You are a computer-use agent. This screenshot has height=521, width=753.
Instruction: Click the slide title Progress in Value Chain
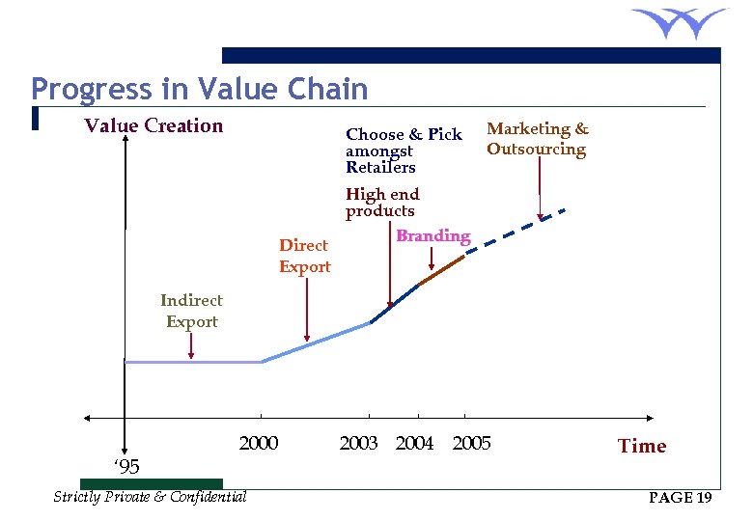(199, 90)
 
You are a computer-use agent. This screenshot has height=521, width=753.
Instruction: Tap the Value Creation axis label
(153, 125)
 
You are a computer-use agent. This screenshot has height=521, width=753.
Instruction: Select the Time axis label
(642, 446)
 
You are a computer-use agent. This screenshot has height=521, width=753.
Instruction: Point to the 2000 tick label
(258, 444)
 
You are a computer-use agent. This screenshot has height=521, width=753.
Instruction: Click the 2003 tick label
(358, 444)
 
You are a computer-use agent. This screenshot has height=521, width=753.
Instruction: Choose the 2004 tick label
(415, 444)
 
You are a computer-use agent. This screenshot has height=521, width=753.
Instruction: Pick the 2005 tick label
(472, 444)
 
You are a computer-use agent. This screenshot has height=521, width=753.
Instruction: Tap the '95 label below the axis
(126, 468)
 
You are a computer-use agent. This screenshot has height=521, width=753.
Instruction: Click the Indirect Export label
(191, 311)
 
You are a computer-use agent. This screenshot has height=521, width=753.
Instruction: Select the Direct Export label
(304, 256)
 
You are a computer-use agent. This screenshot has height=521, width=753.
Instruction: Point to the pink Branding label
(433, 235)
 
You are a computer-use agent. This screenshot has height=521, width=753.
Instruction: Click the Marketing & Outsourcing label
(538, 139)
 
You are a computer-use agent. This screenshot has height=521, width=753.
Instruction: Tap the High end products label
(382, 203)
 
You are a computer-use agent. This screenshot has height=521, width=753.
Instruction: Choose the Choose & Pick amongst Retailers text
(404, 151)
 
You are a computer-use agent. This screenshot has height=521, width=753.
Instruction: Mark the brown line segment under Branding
(442, 269)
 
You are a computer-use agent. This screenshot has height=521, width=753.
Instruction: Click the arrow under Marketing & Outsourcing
(540, 189)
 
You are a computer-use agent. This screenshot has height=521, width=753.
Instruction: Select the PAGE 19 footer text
(681, 498)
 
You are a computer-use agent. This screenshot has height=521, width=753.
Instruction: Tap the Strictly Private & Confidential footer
(150, 497)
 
